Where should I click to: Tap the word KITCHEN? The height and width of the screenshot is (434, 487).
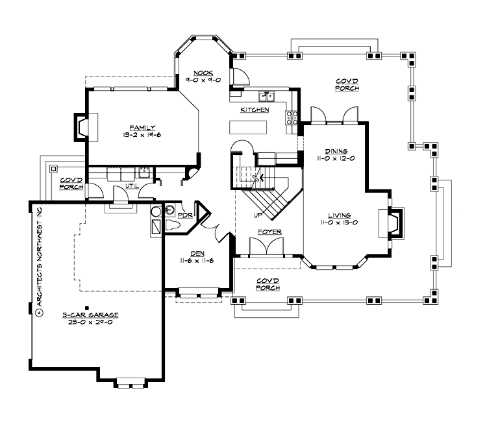(255, 110)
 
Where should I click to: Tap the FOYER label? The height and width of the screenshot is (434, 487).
(268, 230)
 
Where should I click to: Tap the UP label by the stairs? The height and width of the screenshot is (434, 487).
(258, 214)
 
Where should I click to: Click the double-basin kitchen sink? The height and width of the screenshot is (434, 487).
(267, 97)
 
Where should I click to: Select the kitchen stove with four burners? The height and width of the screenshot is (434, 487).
(292, 117)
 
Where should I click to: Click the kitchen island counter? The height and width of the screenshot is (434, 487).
(248, 127)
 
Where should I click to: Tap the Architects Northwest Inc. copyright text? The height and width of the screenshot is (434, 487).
(40, 259)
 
